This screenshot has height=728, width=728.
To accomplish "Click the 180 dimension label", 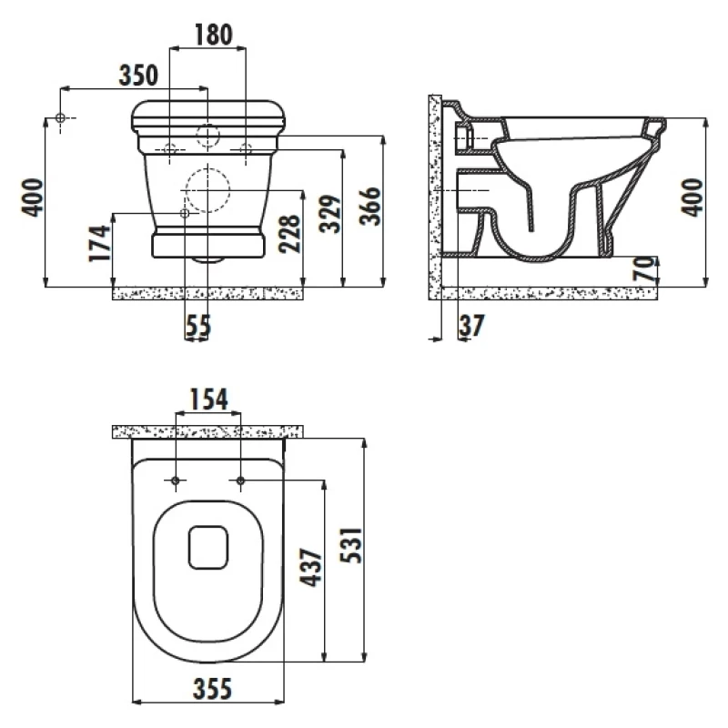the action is click(x=213, y=35).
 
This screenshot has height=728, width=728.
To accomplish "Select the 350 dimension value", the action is click(x=138, y=75).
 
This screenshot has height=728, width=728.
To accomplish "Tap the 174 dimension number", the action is click(x=100, y=243).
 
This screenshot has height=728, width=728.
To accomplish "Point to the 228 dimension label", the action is click(x=289, y=234).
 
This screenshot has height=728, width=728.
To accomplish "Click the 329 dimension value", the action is click(x=330, y=213).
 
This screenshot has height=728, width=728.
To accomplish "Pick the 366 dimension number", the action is click(x=370, y=206).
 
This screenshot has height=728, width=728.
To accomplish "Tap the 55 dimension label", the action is click(x=198, y=326).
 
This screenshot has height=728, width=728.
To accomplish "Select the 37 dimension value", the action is click(x=471, y=326).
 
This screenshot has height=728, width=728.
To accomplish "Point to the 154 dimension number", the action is click(x=209, y=399).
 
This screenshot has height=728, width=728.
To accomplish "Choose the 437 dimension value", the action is click(x=310, y=567).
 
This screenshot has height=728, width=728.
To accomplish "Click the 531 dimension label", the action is click(x=350, y=545).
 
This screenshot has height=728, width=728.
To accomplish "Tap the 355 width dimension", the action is click(x=212, y=689).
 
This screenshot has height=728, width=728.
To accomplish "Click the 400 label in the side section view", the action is click(x=693, y=197).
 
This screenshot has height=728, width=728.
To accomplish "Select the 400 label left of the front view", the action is click(x=33, y=197).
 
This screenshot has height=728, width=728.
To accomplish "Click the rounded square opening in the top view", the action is click(x=208, y=548).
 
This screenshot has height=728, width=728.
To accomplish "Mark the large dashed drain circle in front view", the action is click(x=207, y=190).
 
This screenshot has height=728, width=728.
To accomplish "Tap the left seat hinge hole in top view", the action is click(x=176, y=480).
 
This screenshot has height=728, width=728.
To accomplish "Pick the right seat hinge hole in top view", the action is click(x=240, y=480).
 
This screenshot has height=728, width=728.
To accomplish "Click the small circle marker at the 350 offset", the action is click(x=60, y=118).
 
